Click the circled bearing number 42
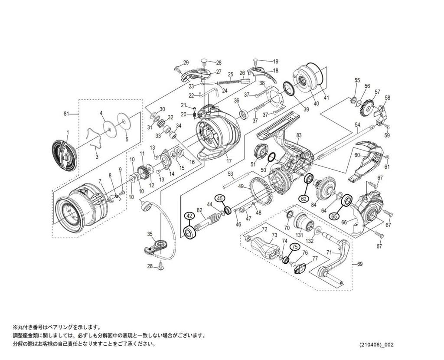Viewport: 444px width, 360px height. tap(189, 216)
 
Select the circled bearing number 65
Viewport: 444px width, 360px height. tap(334, 216)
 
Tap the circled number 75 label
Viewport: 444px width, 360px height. tap(295, 247)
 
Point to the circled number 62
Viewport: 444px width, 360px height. tap(304, 199)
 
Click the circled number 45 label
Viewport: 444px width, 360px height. tap(220, 199)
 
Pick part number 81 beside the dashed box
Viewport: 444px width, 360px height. tap(66, 114)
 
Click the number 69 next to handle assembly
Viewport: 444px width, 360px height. tap(359, 264)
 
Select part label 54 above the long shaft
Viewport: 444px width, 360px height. tap(357, 124)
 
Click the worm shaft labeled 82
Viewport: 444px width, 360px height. tap(208, 221)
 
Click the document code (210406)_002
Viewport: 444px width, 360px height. tap(376, 345)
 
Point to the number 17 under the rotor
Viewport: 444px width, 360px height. tap(229, 161)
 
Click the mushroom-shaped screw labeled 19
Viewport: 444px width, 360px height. tap(256, 61)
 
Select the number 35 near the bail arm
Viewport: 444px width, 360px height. tap(150, 234)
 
